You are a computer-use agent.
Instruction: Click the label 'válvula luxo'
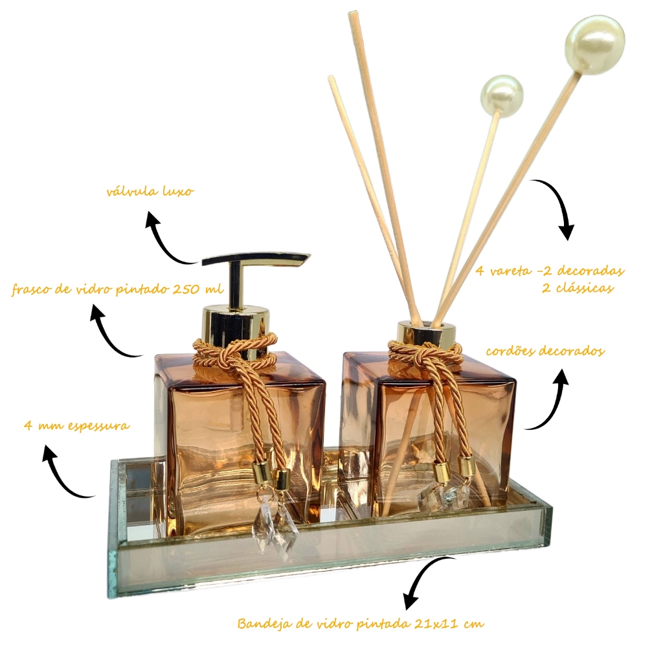150,191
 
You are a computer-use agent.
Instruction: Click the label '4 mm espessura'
76,425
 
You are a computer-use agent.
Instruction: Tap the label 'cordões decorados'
545,351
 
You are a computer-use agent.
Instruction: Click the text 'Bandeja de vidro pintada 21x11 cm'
361,624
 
